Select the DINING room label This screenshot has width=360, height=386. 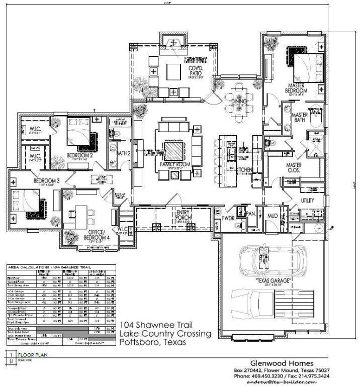[x=240, y=102]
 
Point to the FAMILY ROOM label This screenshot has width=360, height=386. [x=174, y=164]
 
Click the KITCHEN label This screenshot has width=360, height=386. [x=244, y=170]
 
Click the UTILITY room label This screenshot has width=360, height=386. [x=308, y=201]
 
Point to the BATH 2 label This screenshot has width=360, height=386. [x=124, y=153]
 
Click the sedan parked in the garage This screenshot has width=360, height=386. [x=267, y=260]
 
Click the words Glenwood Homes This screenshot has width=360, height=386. [x=283, y=363]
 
